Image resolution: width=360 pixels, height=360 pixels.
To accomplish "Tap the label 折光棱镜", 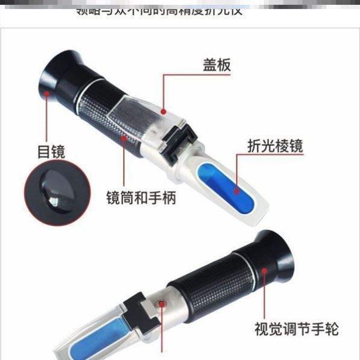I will click(x=275, y=146).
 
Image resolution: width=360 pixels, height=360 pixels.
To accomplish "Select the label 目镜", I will click(x=51, y=151).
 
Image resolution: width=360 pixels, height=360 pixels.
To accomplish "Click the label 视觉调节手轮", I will click(x=296, y=329).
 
